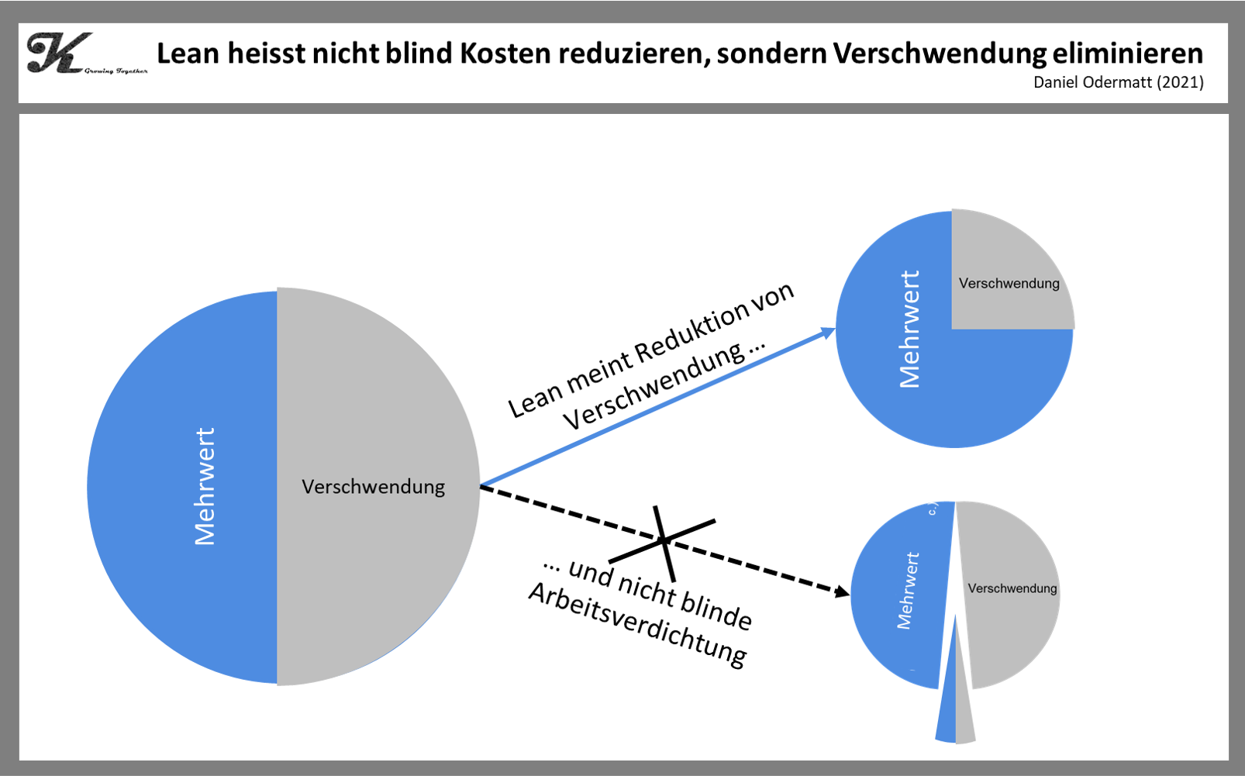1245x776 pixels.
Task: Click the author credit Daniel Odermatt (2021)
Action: click(x=1118, y=82)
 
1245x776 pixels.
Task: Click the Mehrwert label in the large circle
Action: click(x=205, y=487)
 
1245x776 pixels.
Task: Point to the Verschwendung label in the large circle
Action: click(x=373, y=487)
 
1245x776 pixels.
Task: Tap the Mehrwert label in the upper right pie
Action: click(x=909, y=329)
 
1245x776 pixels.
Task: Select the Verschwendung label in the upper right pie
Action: click(x=1009, y=284)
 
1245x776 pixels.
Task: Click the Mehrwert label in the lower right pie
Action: click(x=908, y=591)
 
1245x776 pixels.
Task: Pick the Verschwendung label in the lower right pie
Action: click(x=1012, y=588)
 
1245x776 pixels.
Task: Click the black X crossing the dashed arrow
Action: click(x=664, y=540)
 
